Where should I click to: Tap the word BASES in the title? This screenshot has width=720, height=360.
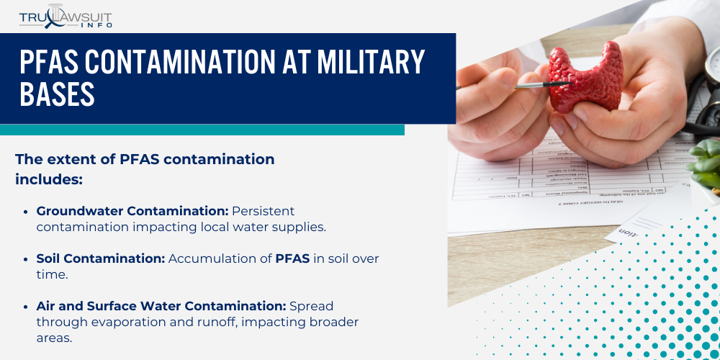click(x=58, y=94)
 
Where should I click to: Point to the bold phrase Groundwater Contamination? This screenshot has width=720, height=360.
click(x=132, y=211)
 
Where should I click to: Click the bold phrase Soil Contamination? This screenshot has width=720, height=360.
click(x=101, y=258)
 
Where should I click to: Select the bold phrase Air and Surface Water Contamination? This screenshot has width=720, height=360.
click(x=161, y=306)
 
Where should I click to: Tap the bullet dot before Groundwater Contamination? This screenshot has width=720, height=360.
click(x=27, y=211)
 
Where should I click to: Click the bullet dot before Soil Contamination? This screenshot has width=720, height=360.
click(x=27, y=258)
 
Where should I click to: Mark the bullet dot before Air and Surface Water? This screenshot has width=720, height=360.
click(x=27, y=306)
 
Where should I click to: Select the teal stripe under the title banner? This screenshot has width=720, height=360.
click(x=202, y=130)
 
